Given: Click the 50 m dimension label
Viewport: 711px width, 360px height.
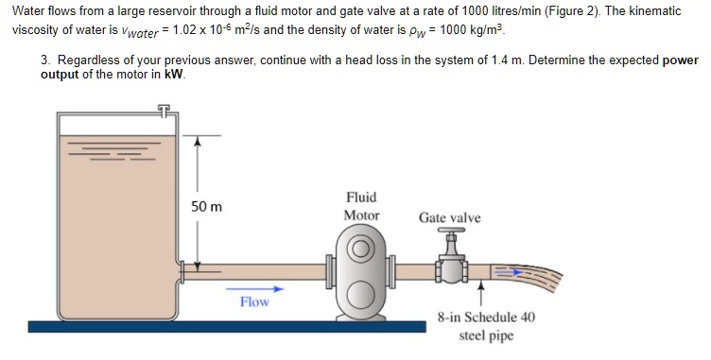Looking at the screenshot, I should pos(206,206).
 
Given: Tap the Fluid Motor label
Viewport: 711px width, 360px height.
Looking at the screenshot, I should pos(361,206).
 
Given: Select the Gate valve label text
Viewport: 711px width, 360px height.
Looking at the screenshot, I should pos(449,218).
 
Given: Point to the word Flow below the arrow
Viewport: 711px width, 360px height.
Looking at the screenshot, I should pos(253,302).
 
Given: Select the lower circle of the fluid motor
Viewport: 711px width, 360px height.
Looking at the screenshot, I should pos(361,295).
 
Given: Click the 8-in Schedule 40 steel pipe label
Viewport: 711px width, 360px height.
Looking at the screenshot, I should pos(486,326).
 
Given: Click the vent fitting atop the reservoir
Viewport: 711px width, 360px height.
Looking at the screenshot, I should pos(165,111).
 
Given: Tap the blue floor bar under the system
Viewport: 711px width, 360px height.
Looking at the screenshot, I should pos(227,326).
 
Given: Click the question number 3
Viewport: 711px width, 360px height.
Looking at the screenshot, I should pos(45,60).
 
